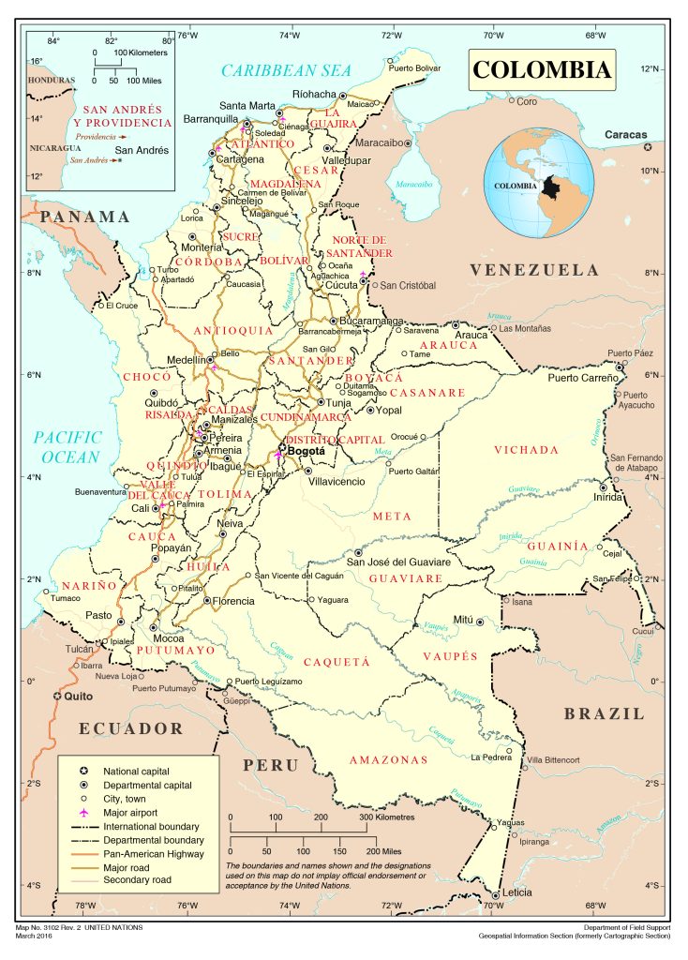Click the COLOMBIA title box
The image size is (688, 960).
542,69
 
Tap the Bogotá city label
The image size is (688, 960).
307,451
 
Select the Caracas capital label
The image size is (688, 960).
625,135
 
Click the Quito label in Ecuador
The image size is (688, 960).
80,697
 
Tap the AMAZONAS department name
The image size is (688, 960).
388,759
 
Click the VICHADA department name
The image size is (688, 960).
526,449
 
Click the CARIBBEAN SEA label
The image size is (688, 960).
286,70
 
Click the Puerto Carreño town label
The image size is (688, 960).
583,377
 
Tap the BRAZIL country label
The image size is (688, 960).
605,713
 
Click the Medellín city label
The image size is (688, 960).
186,360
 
